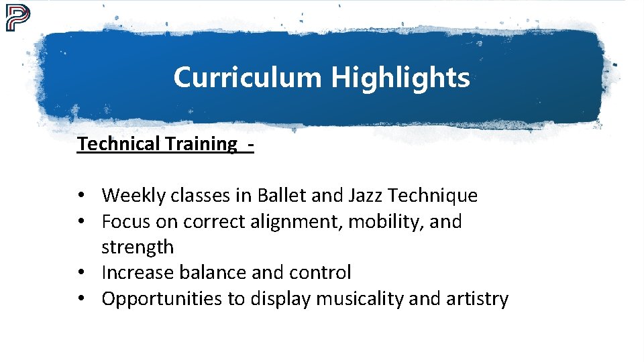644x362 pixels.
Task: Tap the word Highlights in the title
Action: tap(400, 78)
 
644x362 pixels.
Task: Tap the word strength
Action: tap(138, 247)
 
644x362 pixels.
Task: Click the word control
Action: tap(320, 273)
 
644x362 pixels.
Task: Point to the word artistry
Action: tap(478, 299)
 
